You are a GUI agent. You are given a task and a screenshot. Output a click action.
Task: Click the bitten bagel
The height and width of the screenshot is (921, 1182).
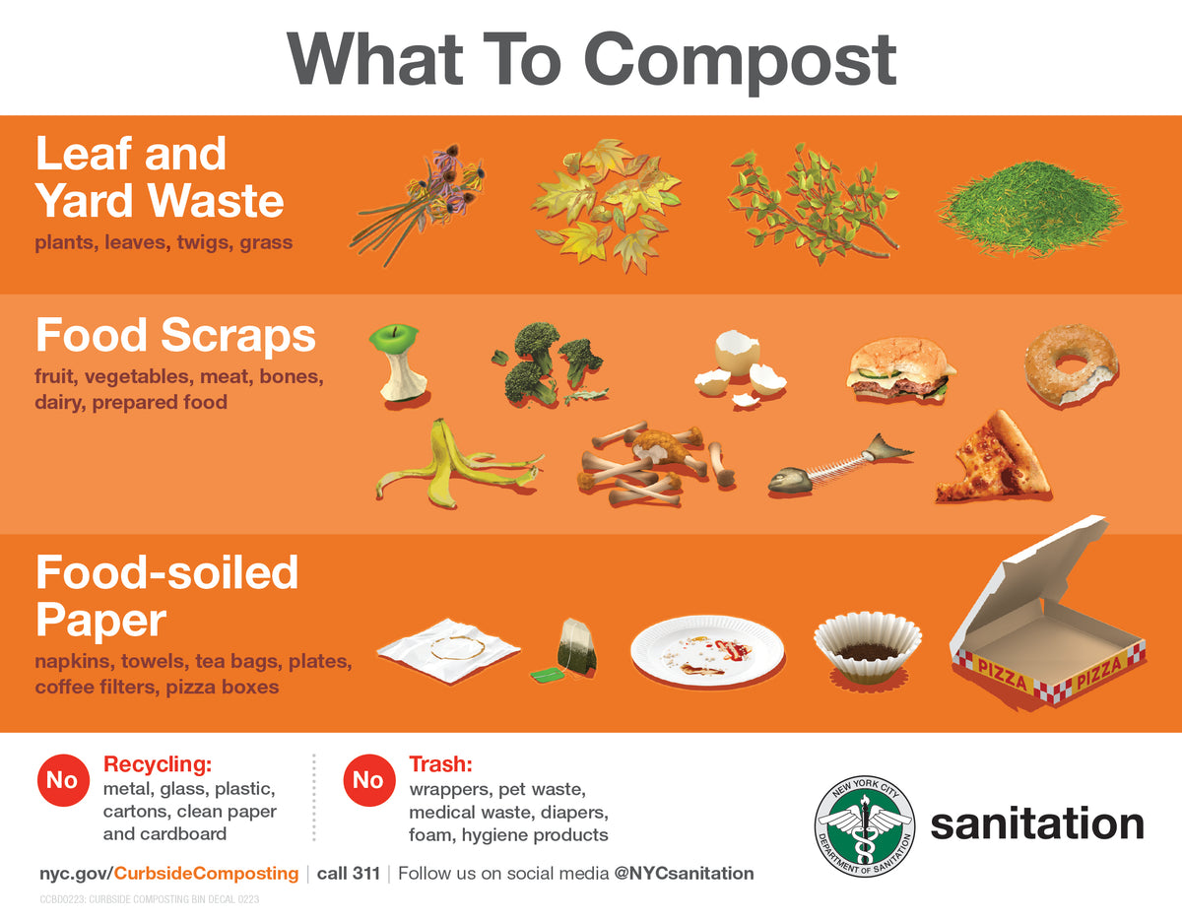1071,364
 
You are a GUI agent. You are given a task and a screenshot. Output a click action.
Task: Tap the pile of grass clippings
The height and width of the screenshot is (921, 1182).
1030,208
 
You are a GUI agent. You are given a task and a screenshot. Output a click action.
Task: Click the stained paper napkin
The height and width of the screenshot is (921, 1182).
448,649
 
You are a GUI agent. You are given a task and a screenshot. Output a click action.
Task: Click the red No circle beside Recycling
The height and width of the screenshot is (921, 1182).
61,781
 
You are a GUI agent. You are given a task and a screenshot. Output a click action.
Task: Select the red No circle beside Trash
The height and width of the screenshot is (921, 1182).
367,781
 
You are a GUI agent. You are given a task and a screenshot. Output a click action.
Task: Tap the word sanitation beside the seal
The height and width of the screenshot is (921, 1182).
1036,824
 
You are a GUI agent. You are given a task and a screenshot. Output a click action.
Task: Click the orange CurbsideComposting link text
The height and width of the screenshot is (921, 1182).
208,874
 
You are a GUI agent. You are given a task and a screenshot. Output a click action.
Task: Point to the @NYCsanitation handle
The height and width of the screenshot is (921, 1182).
684,874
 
